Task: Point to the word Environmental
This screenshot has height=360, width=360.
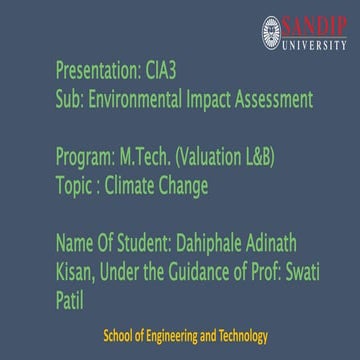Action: point(146,100)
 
